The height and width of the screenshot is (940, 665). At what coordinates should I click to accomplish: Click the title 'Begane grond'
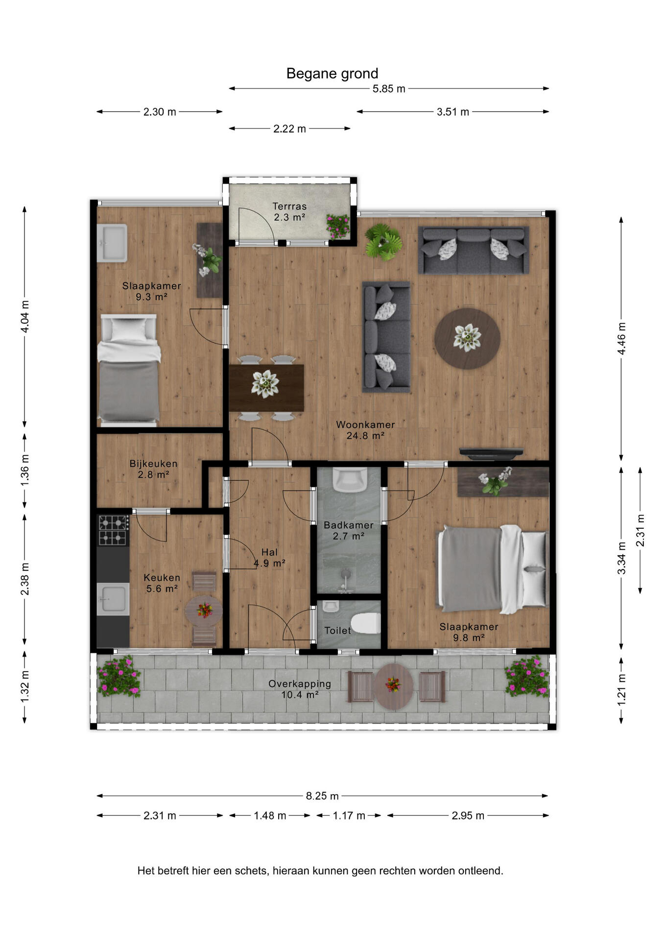pos(332,73)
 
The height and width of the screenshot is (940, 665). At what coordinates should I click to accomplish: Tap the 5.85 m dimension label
pos(389,89)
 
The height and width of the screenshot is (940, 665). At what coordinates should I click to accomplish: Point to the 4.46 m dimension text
pos(621,339)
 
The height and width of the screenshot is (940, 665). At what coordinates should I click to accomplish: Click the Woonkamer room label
pos(365,425)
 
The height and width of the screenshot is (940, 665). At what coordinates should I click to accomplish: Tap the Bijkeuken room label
pos(153,464)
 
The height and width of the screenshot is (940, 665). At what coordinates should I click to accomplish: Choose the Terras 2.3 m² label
pos(289,212)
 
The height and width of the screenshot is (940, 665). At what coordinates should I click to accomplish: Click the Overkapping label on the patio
pos(300,684)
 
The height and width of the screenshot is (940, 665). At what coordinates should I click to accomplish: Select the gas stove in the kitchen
pos(113,530)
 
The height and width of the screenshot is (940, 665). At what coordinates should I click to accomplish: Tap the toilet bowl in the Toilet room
pos(366,624)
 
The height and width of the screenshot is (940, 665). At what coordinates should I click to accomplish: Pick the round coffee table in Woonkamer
pos(467,338)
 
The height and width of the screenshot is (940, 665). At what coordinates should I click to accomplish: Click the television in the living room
pos(491,454)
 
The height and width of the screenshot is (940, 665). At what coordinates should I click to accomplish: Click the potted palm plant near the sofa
pos(384,242)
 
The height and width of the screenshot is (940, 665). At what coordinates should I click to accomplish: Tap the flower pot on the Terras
pos(338,226)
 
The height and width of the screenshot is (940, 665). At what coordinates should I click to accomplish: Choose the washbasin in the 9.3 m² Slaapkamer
pos(112,243)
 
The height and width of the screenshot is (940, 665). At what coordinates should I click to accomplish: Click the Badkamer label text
pos(349,525)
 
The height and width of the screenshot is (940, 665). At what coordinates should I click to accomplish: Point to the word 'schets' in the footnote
pos(251,871)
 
